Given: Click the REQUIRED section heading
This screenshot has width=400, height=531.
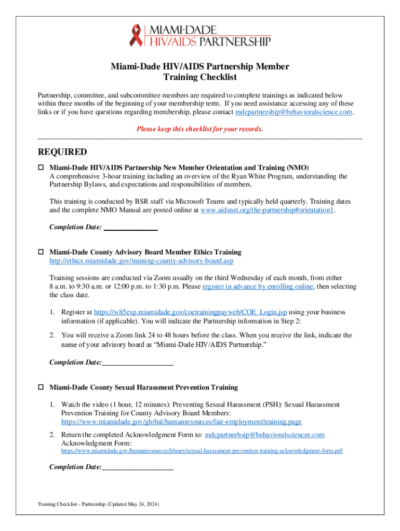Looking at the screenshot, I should tap(63, 152).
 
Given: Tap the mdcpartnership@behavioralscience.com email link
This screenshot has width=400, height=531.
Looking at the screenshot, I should tap(294, 112).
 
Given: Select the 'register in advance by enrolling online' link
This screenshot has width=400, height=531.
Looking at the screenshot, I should tap(258, 287).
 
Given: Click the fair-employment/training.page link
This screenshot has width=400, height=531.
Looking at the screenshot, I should tap(181, 422).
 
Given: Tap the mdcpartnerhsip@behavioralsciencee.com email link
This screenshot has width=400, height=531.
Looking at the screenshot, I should tap(265, 435).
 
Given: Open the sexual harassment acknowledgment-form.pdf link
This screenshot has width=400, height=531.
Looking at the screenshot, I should tap(202, 451).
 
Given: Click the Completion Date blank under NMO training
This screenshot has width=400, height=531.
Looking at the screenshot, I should tap(130, 227).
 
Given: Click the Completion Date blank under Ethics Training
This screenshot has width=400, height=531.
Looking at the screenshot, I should tap(138, 362).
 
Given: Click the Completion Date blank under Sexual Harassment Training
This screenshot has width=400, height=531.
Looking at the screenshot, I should tap(138, 467).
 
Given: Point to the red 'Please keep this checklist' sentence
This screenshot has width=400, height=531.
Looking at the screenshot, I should tap(199, 129).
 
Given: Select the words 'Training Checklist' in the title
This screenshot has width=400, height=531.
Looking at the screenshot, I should tap(200, 77).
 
